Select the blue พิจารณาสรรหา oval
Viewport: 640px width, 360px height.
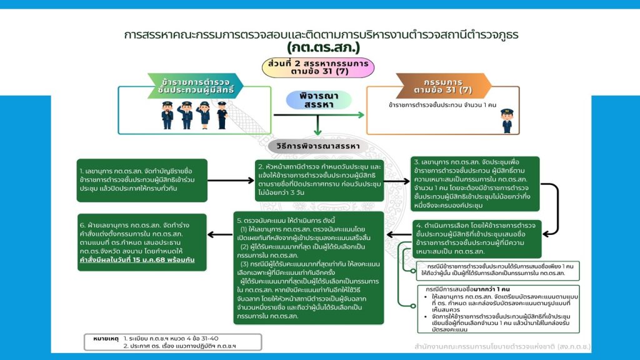point(319,101)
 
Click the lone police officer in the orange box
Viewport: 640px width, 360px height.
point(507,120)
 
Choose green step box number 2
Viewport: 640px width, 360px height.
point(319,180)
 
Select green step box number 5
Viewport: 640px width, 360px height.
point(309,267)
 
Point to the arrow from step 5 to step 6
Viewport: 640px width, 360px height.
point(219,235)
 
